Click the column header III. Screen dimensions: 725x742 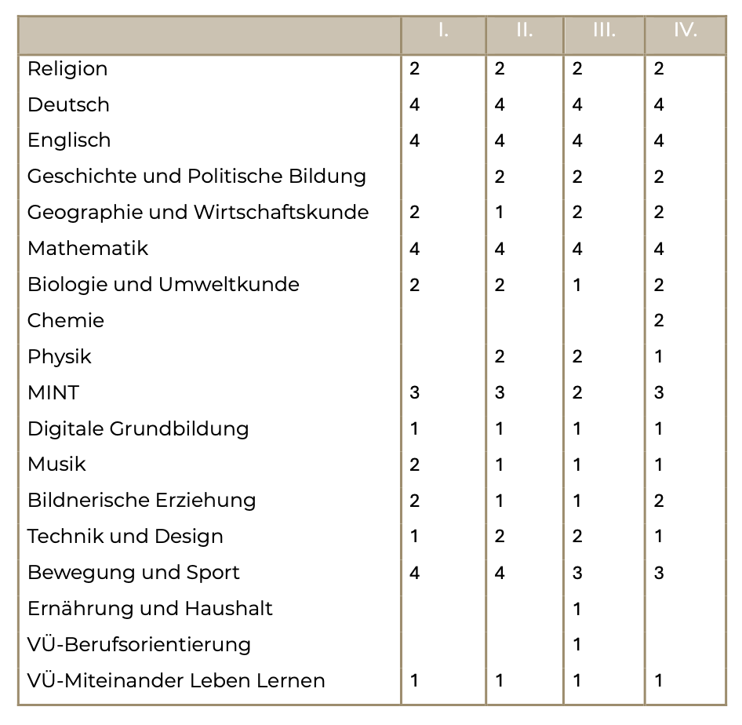point(604,31)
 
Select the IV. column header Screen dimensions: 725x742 point(685,31)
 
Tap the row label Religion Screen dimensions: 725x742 point(67,69)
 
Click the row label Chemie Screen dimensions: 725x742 point(66,320)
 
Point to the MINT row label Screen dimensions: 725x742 point(53,392)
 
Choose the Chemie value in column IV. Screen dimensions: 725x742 point(659,320)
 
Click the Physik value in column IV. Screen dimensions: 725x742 point(659,356)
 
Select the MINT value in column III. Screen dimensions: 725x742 point(577,392)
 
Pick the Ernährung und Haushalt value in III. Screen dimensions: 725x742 point(577,609)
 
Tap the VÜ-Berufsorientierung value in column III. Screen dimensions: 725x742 point(577,645)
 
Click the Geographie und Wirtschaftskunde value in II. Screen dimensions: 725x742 point(500,213)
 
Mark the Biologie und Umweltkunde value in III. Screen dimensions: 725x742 point(577,285)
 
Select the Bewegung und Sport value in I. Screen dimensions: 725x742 point(415,573)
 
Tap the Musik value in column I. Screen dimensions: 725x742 point(415,465)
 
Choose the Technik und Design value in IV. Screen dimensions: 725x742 point(659,537)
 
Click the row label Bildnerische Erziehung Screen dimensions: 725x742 point(142,501)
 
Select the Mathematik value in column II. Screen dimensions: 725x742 point(500,249)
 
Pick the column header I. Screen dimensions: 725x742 point(443,31)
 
